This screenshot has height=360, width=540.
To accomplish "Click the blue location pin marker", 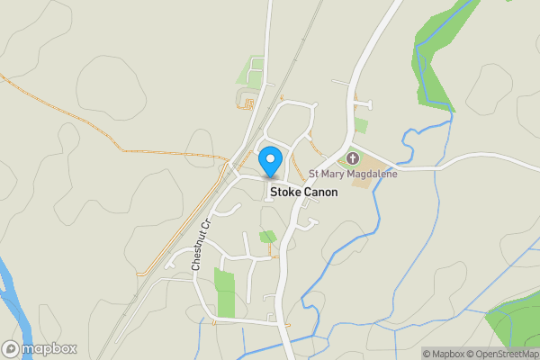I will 269,161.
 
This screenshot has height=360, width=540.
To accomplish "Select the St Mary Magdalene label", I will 352,174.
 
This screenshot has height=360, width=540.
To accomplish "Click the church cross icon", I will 352,158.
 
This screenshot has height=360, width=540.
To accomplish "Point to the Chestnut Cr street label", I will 200,244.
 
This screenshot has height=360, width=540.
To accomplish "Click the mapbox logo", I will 40,348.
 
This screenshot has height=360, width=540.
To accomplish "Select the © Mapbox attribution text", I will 444,354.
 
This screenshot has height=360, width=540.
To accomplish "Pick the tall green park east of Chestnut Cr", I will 224,291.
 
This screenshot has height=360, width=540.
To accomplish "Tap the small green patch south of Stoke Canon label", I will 267,237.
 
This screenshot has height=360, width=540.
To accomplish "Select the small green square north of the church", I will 361,125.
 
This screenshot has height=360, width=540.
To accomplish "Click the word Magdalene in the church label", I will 369,174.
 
